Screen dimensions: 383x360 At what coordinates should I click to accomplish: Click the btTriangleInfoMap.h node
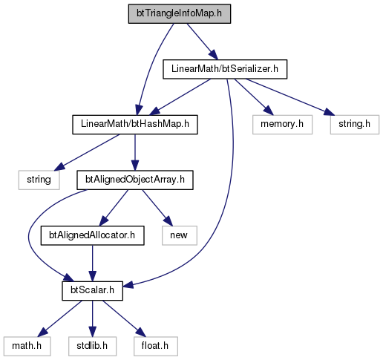click(x=180, y=13)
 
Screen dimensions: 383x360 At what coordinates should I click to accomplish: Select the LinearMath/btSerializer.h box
click(x=225, y=69)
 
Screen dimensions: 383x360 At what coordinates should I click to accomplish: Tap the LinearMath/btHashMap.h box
click(x=135, y=125)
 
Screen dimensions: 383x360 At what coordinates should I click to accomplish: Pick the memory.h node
click(x=282, y=125)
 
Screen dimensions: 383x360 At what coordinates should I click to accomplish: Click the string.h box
click(x=355, y=125)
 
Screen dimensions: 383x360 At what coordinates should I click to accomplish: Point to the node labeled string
click(x=39, y=180)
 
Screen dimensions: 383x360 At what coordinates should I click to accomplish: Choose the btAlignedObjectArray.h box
click(x=135, y=180)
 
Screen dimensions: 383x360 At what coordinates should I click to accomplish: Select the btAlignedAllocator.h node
click(x=92, y=235)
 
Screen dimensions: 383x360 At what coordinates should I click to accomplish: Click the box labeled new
click(x=180, y=235)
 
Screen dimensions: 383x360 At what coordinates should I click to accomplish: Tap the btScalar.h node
click(x=92, y=291)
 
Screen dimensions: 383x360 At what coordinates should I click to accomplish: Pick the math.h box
click(x=27, y=346)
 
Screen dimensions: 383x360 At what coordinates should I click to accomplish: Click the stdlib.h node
click(x=92, y=346)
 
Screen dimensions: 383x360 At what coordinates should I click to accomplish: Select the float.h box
click(x=156, y=346)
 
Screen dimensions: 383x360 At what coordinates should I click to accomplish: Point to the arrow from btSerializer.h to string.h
click(x=289, y=97)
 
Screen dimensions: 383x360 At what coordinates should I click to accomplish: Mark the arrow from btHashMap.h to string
click(x=87, y=152)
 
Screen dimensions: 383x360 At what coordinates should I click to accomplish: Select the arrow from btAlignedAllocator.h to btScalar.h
click(x=92, y=264)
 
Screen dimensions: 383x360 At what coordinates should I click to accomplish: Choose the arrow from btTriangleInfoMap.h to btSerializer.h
click(x=203, y=42)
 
